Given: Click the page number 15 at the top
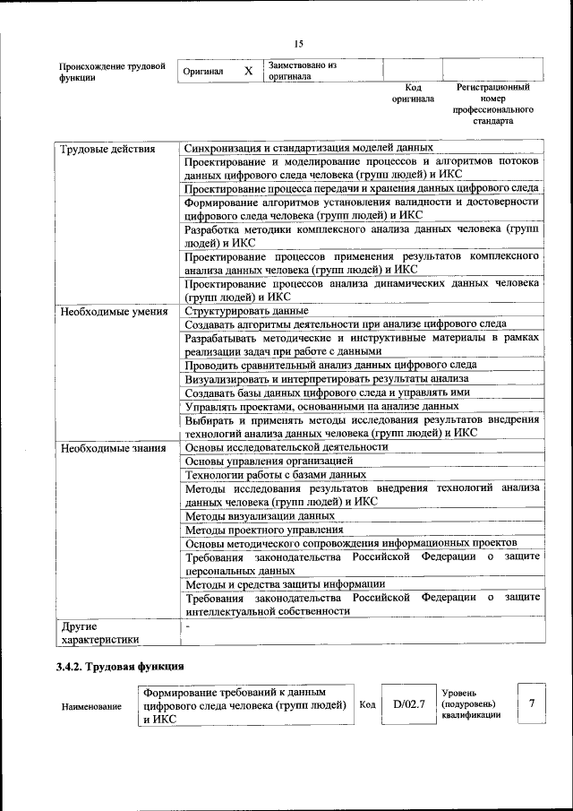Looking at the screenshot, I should (x=298, y=43).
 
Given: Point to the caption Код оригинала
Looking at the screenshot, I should (x=413, y=93).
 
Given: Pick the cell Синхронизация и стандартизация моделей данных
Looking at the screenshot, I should (x=309, y=148).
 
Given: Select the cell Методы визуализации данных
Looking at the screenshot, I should (x=260, y=516).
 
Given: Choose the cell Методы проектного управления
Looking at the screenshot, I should (x=261, y=530).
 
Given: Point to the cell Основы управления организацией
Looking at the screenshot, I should (x=269, y=461).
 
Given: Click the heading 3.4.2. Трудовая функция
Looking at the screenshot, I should (x=120, y=667).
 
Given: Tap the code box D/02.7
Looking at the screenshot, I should (x=408, y=704).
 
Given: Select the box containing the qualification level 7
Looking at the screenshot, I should (x=531, y=703).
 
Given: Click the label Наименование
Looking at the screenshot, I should (x=91, y=707).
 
